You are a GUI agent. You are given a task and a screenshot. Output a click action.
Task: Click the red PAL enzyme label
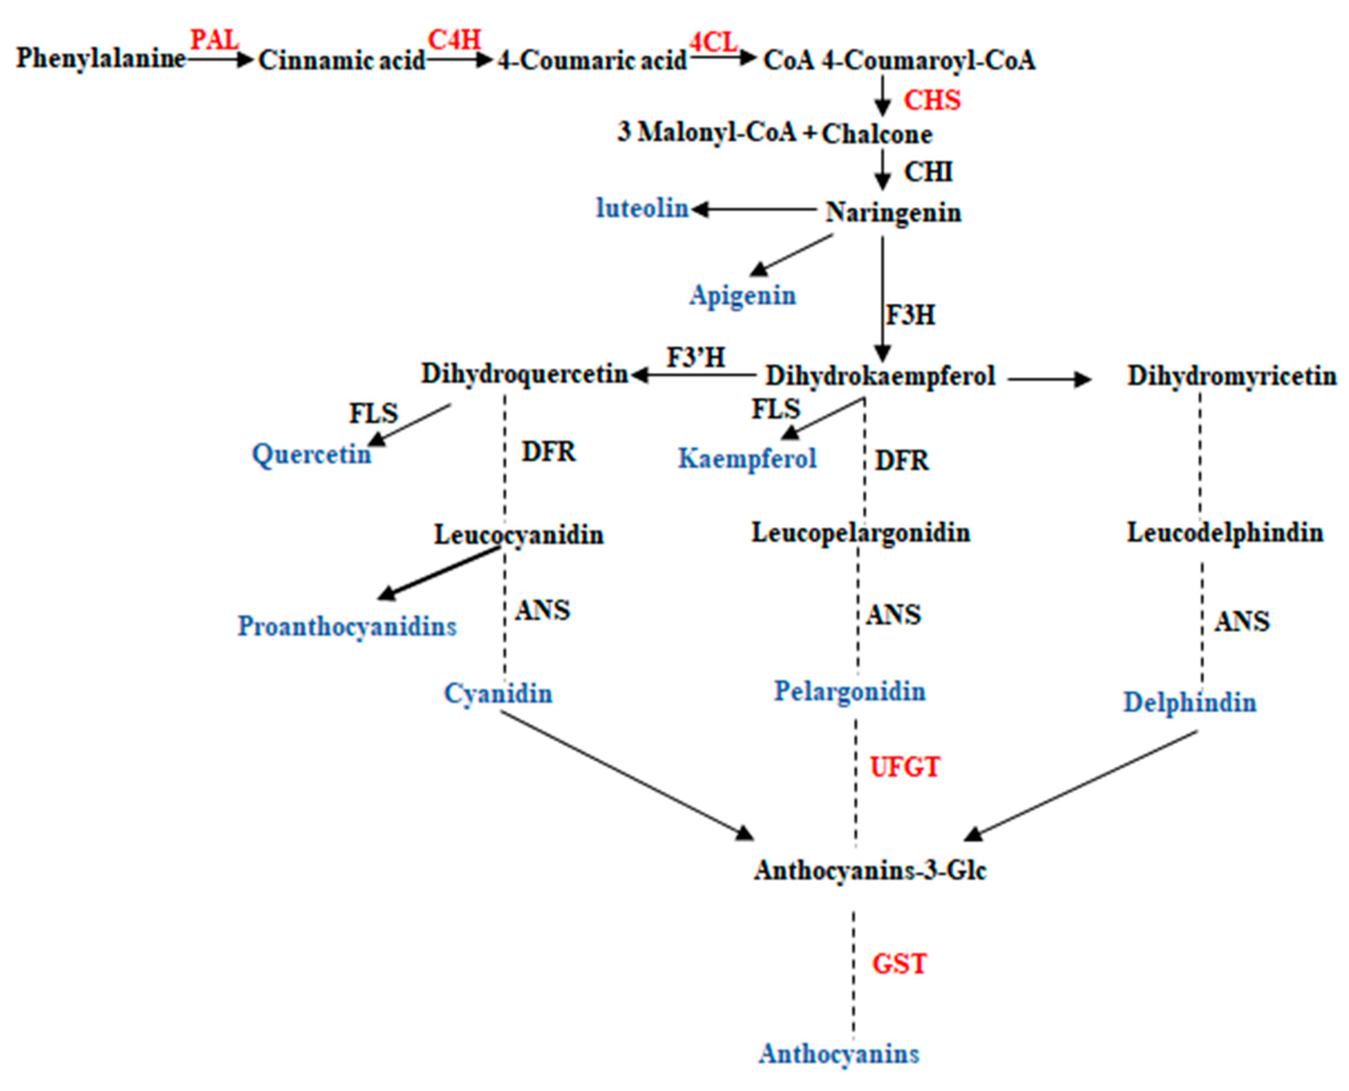[215, 40]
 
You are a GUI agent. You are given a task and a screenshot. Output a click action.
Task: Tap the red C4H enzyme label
[454, 40]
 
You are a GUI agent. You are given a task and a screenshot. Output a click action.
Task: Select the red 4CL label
[713, 43]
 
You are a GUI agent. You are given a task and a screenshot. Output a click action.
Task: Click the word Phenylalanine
[101, 59]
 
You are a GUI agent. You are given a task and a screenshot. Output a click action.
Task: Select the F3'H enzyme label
[696, 358]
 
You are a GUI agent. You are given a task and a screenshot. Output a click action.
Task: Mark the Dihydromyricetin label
[1231, 376]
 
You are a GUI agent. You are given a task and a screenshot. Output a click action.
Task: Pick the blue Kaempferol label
[747, 458]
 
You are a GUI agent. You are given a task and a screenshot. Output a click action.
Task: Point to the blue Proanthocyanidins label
[347, 626]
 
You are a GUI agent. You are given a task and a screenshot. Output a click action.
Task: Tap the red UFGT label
[905, 767]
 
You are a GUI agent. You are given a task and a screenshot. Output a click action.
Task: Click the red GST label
[899, 963]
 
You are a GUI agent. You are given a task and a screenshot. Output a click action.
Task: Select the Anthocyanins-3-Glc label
[870, 870]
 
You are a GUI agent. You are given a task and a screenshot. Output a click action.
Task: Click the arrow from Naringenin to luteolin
[754, 209]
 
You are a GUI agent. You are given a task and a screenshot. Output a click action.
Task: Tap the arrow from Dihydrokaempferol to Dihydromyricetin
[1049, 379]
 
